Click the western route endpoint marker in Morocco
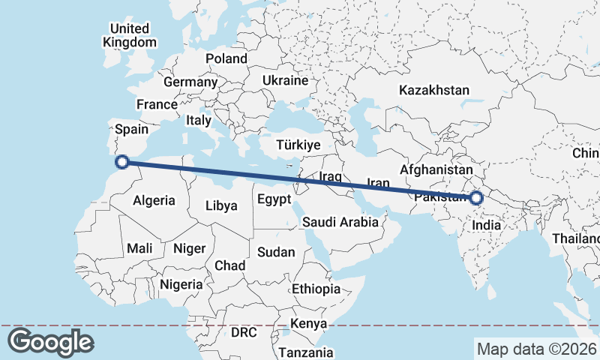pyautogui.click(x=122, y=160)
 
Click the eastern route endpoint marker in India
pyautogui.click(x=476, y=198)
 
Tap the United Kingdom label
pyautogui.click(x=130, y=35)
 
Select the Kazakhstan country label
pyautogui.click(x=434, y=90)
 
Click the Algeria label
pyautogui.click(x=154, y=200)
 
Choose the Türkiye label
pyautogui.click(x=298, y=145)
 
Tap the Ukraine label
pyautogui.click(x=285, y=80)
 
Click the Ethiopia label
pyautogui.click(x=316, y=289)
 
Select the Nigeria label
pyautogui.click(x=181, y=284)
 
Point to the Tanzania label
pyautogui.click(x=305, y=352)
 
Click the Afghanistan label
pyautogui.click(x=437, y=170)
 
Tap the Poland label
pyautogui.click(x=226, y=58)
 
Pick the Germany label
pyautogui.click(x=190, y=82)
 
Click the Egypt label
pyautogui.click(x=273, y=199)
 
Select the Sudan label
pyautogui.click(x=276, y=252)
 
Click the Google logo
pyautogui.click(x=50, y=342)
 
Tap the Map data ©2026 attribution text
pyautogui.click(x=537, y=349)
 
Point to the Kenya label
pyautogui.click(x=309, y=323)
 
